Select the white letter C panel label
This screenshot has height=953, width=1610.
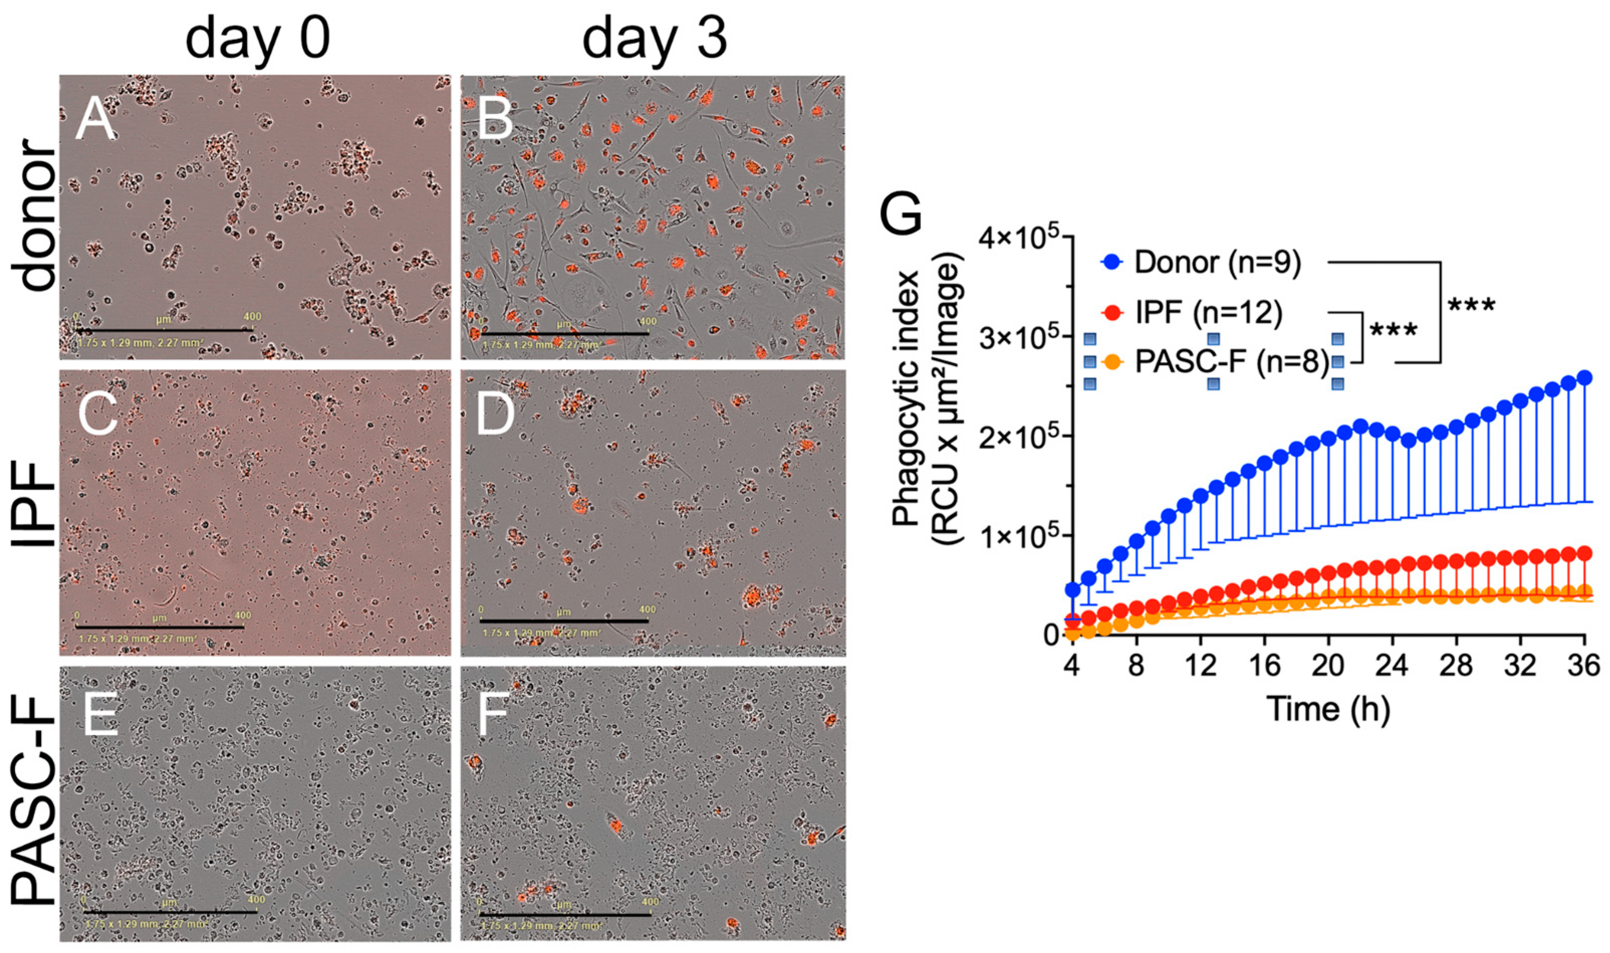coord(98,414)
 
